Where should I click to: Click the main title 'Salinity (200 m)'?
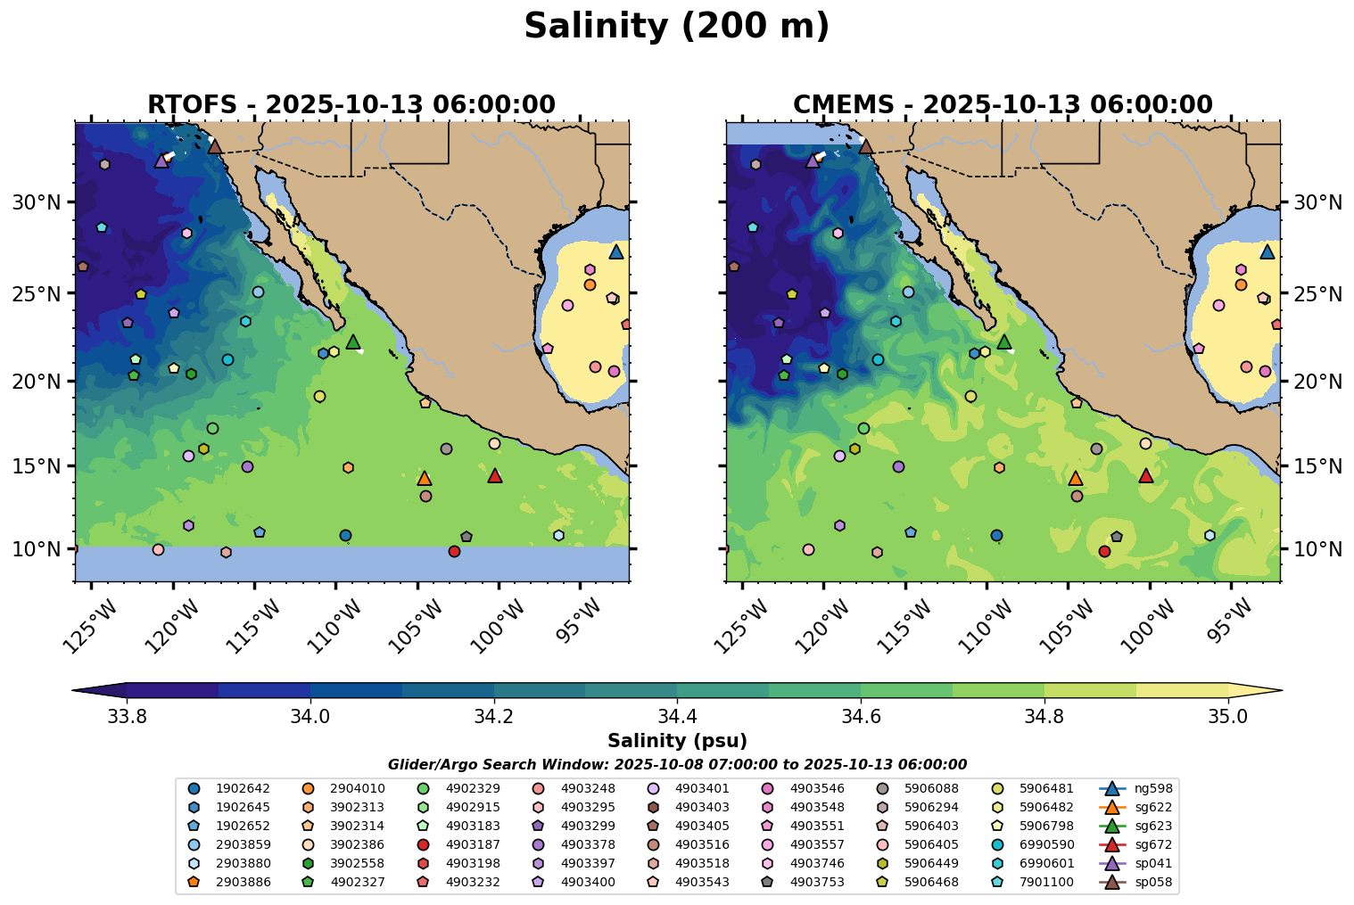coord(676,27)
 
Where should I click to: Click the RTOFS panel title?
coord(351,105)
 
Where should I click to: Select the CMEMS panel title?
coord(1003,105)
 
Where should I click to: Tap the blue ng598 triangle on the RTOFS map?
coord(616,252)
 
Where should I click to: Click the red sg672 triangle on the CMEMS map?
coord(1146,476)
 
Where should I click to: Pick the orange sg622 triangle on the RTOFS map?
coord(425,479)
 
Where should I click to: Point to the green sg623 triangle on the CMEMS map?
coord(1004,342)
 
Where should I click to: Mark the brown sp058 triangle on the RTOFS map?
coord(215,146)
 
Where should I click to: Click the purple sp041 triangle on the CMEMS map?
coord(813,161)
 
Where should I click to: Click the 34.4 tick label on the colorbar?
coord(677,717)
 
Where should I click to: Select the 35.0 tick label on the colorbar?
coord(1228,717)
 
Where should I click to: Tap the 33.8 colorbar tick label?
coord(127,717)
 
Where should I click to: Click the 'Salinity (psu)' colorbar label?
coord(677,741)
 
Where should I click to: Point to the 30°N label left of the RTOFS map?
coord(37,202)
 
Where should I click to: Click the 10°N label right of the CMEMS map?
coord(1317,548)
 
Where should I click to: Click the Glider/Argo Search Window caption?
coord(677,764)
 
